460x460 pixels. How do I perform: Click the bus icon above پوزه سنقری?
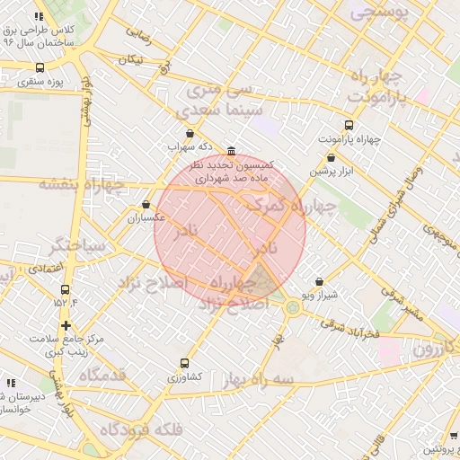coord(40,67)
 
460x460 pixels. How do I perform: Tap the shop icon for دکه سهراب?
coord(189,133)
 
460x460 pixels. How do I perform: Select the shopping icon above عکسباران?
coord(146,205)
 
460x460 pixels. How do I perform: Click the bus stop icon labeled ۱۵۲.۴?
coord(65,289)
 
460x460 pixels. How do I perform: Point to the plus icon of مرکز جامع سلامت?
coord(66,324)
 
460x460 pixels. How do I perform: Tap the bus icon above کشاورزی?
coord(184,364)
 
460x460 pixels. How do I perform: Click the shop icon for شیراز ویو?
coord(319,282)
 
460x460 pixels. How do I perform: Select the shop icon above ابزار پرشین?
coord(332,157)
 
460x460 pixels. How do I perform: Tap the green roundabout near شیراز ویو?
coord(294,308)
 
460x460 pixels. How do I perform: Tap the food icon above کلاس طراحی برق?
coord(39,16)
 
